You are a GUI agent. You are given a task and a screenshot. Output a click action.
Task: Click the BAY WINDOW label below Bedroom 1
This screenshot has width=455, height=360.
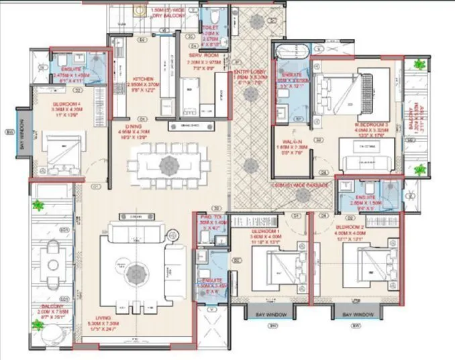coord(271,314)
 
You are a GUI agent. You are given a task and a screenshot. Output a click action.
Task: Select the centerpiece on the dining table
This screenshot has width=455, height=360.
coord(166,164)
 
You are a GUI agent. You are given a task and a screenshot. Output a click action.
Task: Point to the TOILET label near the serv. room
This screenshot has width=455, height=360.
coord(211,27)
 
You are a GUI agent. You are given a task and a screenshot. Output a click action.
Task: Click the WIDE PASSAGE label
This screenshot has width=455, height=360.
coord(302,183)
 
